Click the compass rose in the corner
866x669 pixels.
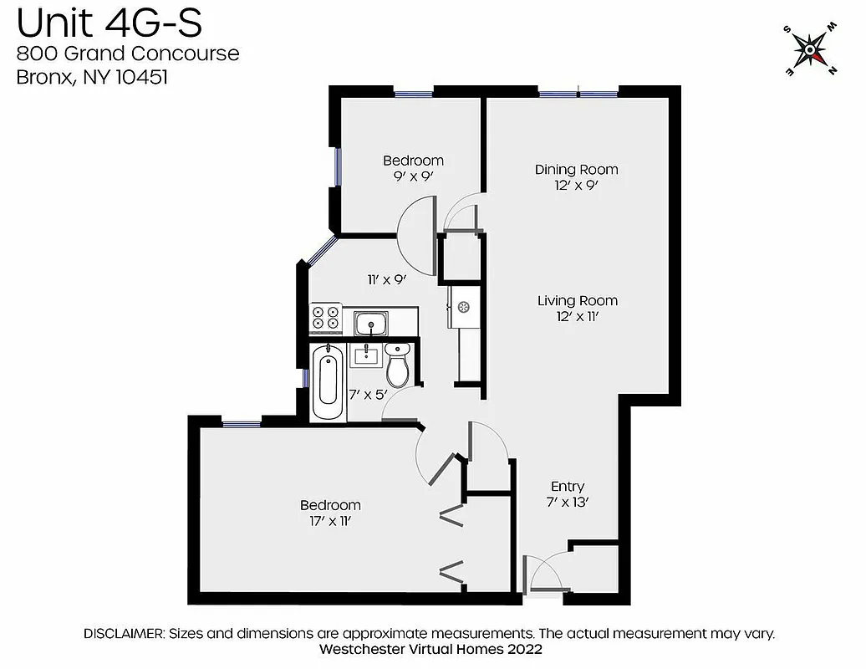pyautogui.click(x=810, y=51)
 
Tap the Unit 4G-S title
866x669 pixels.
pyautogui.click(x=109, y=23)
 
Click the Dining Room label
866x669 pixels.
pyautogui.click(x=576, y=170)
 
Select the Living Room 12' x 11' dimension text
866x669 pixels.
pyautogui.click(x=577, y=316)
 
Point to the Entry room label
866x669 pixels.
pyautogui.click(x=568, y=487)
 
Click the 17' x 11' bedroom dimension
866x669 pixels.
pyautogui.click(x=330, y=521)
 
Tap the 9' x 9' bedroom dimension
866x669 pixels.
pyautogui.click(x=413, y=176)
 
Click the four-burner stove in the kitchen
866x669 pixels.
pyautogui.click(x=325, y=317)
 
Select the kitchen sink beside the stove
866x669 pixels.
pyautogui.click(x=369, y=322)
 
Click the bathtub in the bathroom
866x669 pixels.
pyautogui.click(x=328, y=385)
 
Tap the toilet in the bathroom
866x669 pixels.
pyautogui.click(x=398, y=366)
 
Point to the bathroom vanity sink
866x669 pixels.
pyautogui.click(x=366, y=356)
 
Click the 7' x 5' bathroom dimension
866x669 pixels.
pyautogui.click(x=368, y=394)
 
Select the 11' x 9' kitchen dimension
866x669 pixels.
pyautogui.click(x=386, y=280)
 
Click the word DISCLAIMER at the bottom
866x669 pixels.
pyautogui.click(x=124, y=633)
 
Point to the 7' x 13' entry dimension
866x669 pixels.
pyautogui.click(x=568, y=503)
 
